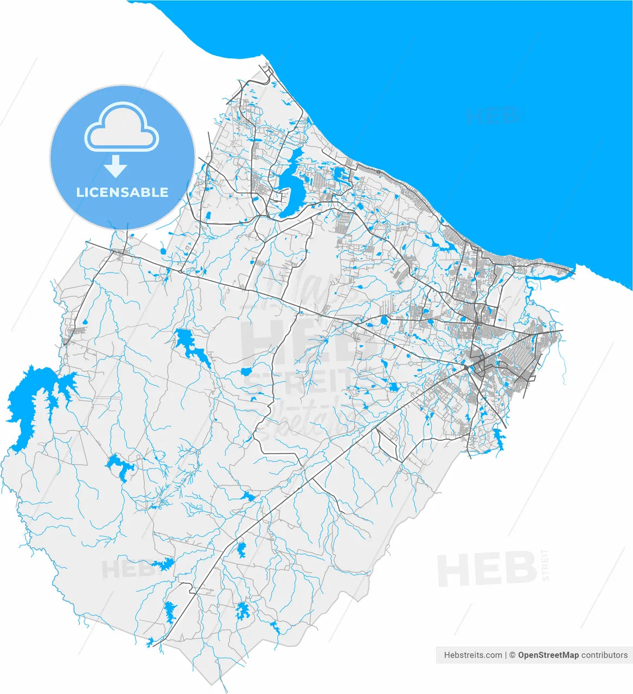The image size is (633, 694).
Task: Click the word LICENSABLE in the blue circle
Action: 122,192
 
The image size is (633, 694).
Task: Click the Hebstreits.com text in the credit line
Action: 473,655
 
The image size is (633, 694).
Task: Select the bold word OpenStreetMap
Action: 548,655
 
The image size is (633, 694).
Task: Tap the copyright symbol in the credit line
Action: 511,655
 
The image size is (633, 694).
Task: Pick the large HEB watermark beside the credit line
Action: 487,569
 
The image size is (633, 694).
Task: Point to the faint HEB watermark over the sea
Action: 491,115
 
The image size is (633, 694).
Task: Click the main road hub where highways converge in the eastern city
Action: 466,367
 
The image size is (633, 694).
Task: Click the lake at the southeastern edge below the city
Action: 498,438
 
